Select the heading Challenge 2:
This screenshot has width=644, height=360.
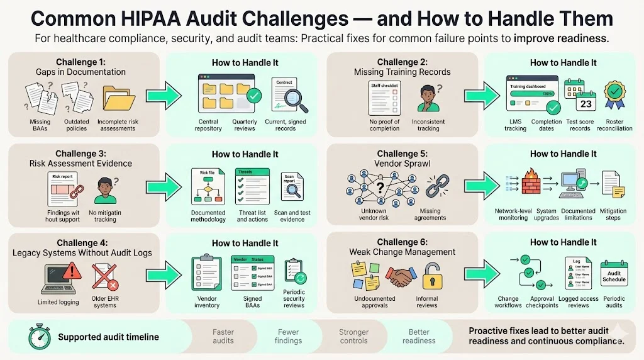pos(402,62)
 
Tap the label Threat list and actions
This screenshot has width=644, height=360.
pos(252,215)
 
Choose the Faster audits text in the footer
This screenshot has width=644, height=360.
pos(223,336)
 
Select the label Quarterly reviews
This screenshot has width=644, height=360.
pos(244,125)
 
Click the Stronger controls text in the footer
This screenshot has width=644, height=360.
pos(353,336)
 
